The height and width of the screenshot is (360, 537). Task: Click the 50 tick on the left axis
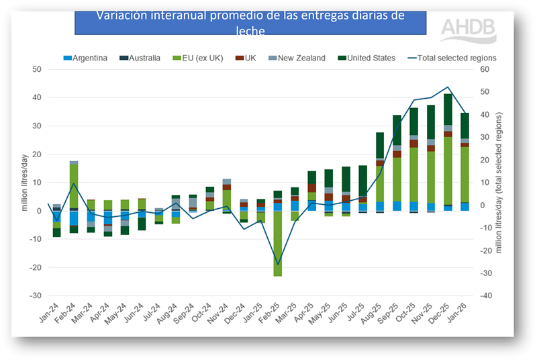click(x=37, y=69)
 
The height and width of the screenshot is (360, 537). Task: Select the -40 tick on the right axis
click(x=484, y=296)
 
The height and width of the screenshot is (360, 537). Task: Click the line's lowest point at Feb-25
click(x=277, y=264)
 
